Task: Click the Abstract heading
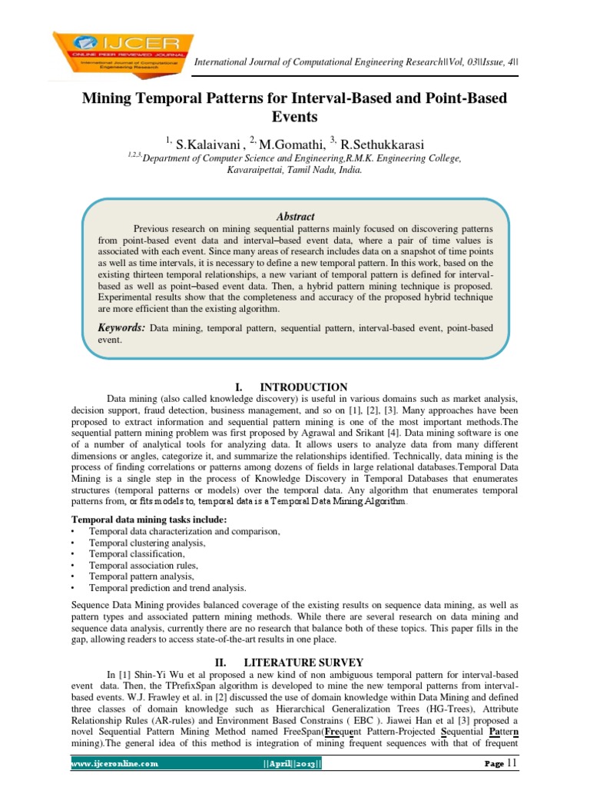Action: (x=294, y=217)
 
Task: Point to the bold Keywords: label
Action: (x=121, y=327)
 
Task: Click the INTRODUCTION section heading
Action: (x=303, y=387)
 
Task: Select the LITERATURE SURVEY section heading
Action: (x=303, y=662)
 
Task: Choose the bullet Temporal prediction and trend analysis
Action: (x=167, y=587)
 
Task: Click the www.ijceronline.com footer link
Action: (x=114, y=764)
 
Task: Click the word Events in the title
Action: (x=295, y=118)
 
